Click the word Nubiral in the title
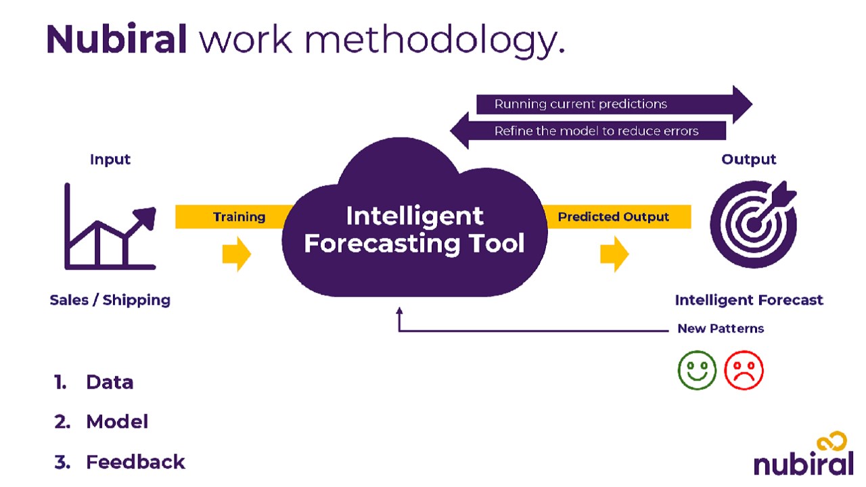(x=116, y=39)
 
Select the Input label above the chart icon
(x=110, y=159)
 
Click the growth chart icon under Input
(x=110, y=227)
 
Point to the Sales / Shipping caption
(x=110, y=300)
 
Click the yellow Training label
(x=240, y=217)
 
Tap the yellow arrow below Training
(x=237, y=254)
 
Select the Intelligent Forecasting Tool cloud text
(x=415, y=229)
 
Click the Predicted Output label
(x=613, y=217)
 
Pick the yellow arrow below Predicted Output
(x=614, y=254)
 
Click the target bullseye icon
(x=754, y=224)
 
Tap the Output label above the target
(x=748, y=159)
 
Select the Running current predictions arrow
(x=614, y=104)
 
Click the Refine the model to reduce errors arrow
(x=588, y=131)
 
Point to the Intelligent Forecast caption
(x=749, y=300)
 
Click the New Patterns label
(x=721, y=329)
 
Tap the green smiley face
(x=697, y=370)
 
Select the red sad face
(x=744, y=370)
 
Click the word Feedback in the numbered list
(x=135, y=462)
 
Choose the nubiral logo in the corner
(x=804, y=454)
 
